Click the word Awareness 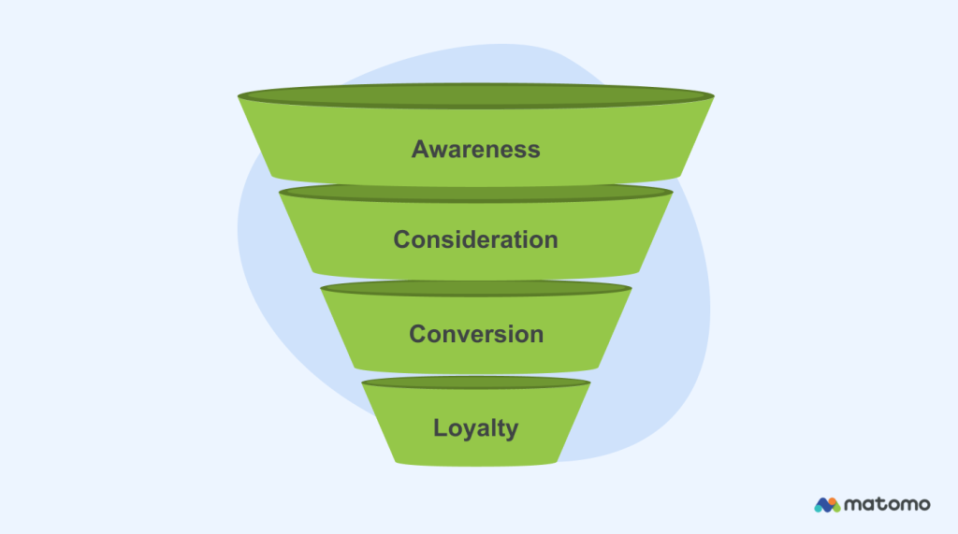475,149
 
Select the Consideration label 475,239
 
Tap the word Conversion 475,334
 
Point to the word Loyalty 475,428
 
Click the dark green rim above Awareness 475,95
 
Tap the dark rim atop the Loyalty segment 475,382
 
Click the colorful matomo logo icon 826,505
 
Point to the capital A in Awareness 421,149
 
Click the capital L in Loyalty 440,428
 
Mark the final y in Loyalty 511,430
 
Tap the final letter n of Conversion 535,335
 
